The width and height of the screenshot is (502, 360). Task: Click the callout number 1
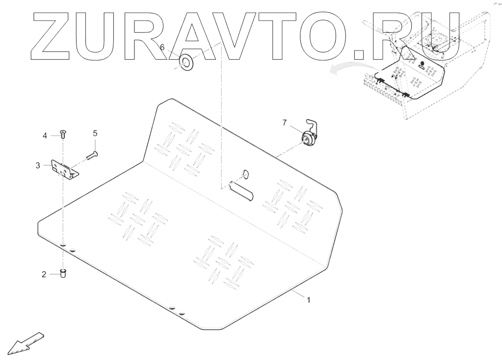click(308, 299)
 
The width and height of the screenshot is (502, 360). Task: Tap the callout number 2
click(44, 275)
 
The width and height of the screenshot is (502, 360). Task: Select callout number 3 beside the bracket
click(38, 166)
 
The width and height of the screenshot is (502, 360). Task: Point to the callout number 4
click(44, 135)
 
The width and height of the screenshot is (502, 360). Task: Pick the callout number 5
click(95, 133)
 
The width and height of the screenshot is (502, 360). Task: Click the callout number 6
click(162, 48)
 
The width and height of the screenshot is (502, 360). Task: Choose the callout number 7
click(284, 123)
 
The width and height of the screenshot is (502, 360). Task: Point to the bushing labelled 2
click(63, 272)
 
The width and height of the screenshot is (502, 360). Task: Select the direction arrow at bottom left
click(26, 342)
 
